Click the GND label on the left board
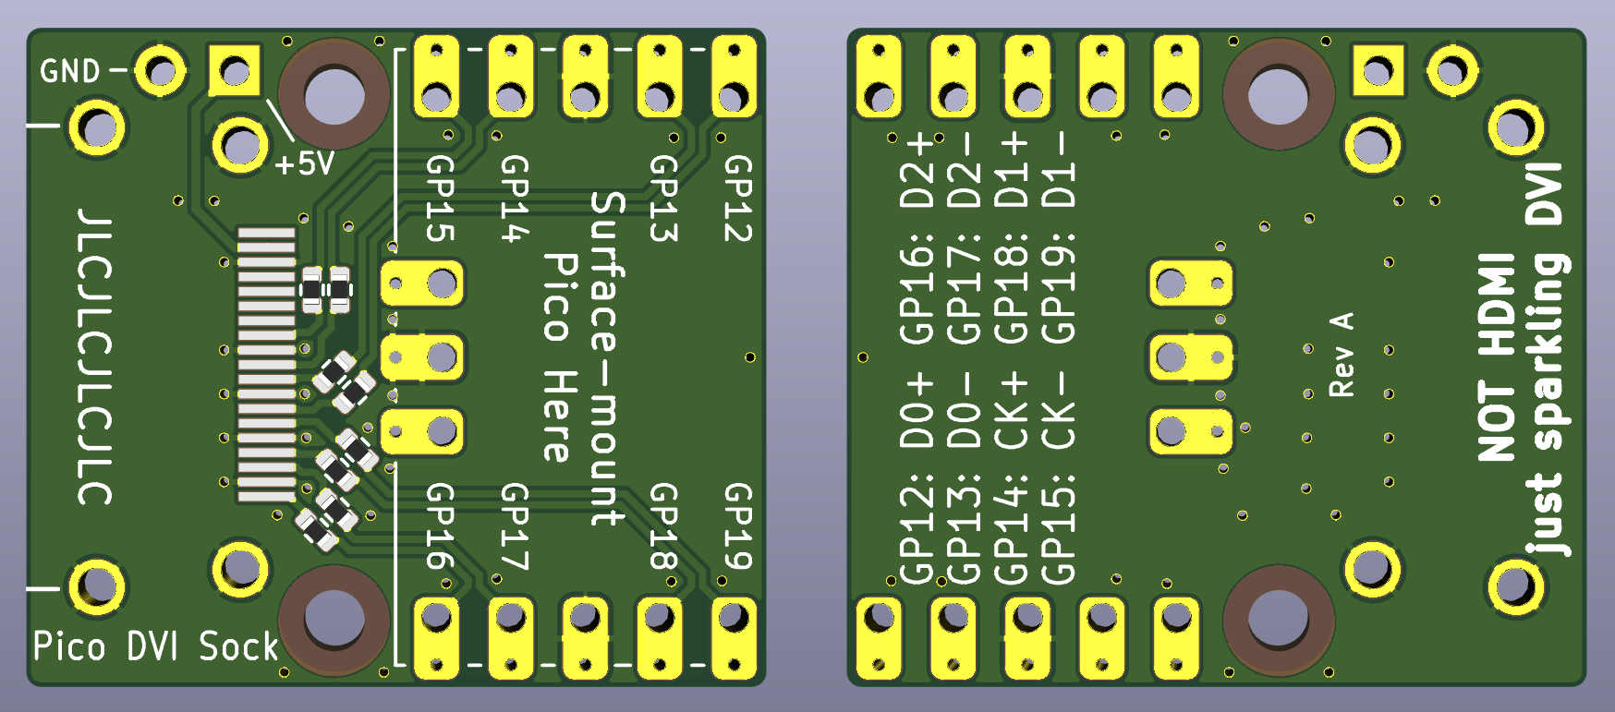(69, 71)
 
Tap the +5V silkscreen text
(304, 164)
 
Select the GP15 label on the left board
(440, 198)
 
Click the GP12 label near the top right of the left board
(737, 198)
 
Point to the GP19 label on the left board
(737, 526)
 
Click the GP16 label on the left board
(440, 526)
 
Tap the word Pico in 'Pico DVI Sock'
(69, 646)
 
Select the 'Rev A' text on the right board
(1342, 356)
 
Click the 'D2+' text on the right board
(918, 171)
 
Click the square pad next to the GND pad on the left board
(235, 71)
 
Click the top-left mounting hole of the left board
(334, 93)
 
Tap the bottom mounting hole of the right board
(1278, 620)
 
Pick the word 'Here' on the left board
(558, 416)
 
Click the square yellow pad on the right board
(1377, 71)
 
